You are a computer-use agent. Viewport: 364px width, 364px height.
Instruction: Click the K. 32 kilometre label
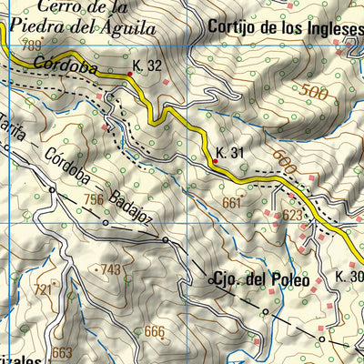[x=147, y=66]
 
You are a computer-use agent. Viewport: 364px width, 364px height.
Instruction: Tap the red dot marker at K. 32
[x=128, y=75]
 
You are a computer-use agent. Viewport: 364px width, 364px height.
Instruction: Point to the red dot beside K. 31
[x=215, y=162]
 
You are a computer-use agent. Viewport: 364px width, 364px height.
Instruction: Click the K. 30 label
[x=349, y=277]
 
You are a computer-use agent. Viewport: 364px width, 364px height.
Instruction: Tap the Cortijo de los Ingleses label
[x=285, y=25]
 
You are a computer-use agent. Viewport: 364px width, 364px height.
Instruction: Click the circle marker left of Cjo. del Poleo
[x=211, y=281]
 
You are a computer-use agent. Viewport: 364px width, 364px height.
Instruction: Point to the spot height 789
[x=32, y=45]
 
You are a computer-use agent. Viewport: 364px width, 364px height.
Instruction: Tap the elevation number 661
[x=232, y=203]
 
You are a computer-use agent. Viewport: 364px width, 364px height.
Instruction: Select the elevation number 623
[x=291, y=216]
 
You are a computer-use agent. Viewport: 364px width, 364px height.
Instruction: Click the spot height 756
[x=94, y=199]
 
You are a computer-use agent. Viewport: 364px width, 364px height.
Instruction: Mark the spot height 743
[x=110, y=269]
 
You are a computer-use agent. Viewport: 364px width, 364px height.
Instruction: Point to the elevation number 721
[x=43, y=289]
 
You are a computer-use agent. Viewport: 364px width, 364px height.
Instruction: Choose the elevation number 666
[x=154, y=331]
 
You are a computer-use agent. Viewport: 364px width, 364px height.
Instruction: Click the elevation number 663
[x=62, y=352]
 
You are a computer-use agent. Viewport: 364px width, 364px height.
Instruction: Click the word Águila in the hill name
[x=129, y=26]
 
